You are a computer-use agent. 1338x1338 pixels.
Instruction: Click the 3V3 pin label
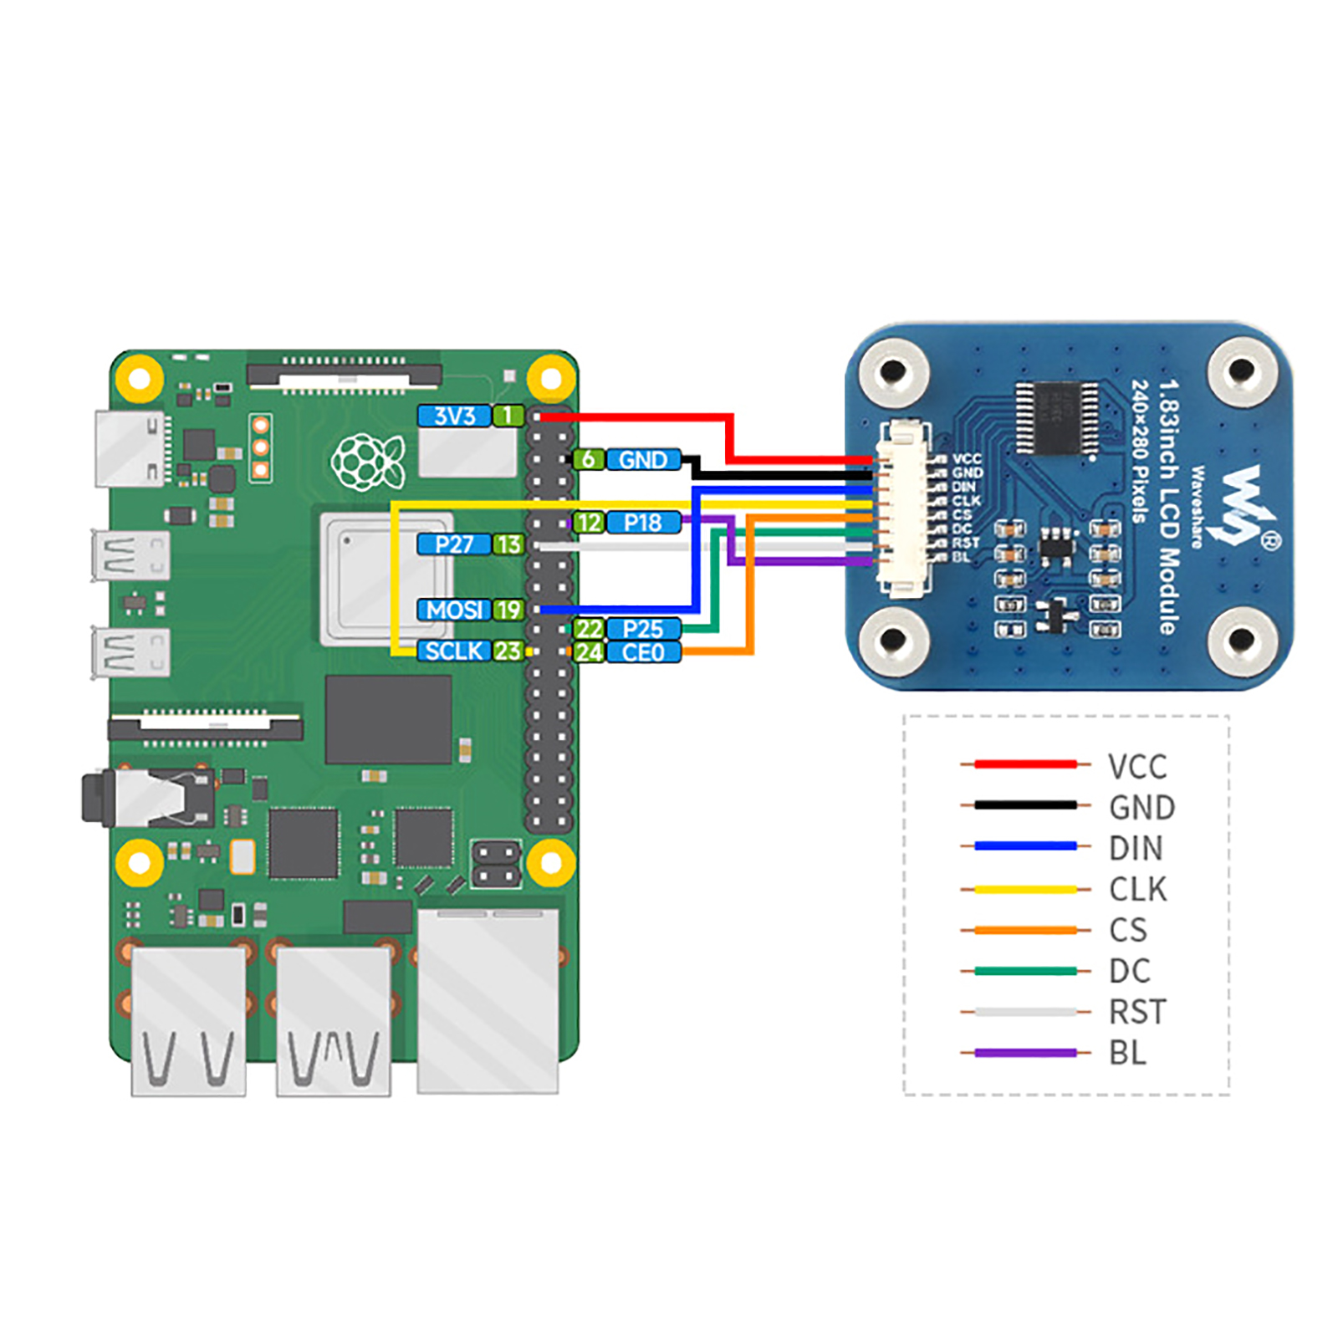(x=454, y=416)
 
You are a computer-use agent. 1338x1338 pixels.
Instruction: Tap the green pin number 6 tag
(x=589, y=459)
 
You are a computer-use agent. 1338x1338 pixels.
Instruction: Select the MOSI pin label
(x=454, y=610)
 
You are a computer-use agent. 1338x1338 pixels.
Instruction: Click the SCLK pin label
(x=454, y=651)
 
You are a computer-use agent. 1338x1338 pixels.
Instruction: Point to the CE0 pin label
(x=643, y=652)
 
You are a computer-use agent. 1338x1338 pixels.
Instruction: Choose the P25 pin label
(x=643, y=629)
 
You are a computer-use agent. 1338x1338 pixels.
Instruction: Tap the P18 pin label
(x=643, y=523)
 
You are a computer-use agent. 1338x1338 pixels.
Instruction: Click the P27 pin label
(x=454, y=544)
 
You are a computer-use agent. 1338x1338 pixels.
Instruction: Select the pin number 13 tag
(x=508, y=544)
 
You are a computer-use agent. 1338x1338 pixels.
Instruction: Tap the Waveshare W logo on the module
(x=1244, y=507)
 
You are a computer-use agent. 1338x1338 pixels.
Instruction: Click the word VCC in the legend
(x=1137, y=766)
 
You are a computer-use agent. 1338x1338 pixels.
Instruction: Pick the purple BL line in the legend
(x=1025, y=1053)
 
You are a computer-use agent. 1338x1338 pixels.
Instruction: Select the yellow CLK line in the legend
(x=1025, y=889)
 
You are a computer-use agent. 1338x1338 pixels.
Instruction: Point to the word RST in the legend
(x=1137, y=1012)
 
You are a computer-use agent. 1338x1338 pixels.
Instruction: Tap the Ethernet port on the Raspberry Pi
(x=488, y=999)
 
